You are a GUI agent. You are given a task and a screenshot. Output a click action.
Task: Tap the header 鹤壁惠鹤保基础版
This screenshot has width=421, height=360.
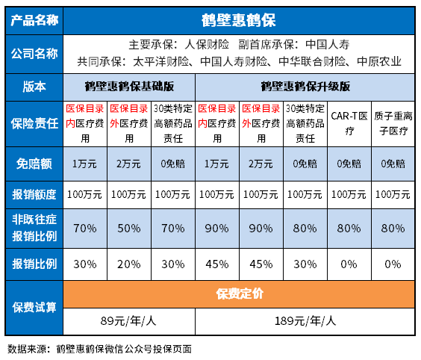point(129,86)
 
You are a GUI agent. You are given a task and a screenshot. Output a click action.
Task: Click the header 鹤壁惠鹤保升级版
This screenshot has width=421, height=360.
point(305,86)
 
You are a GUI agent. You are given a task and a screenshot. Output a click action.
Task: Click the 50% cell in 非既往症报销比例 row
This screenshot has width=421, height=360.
point(129,226)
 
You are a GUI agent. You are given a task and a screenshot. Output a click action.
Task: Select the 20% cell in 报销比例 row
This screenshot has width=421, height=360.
point(129,263)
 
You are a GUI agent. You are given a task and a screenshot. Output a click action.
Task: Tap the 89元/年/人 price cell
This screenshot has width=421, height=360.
point(129,321)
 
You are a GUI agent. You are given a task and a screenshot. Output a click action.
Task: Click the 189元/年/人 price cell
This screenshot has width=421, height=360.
point(305,321)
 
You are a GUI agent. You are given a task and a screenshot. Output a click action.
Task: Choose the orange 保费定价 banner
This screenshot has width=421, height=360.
point(239,294)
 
